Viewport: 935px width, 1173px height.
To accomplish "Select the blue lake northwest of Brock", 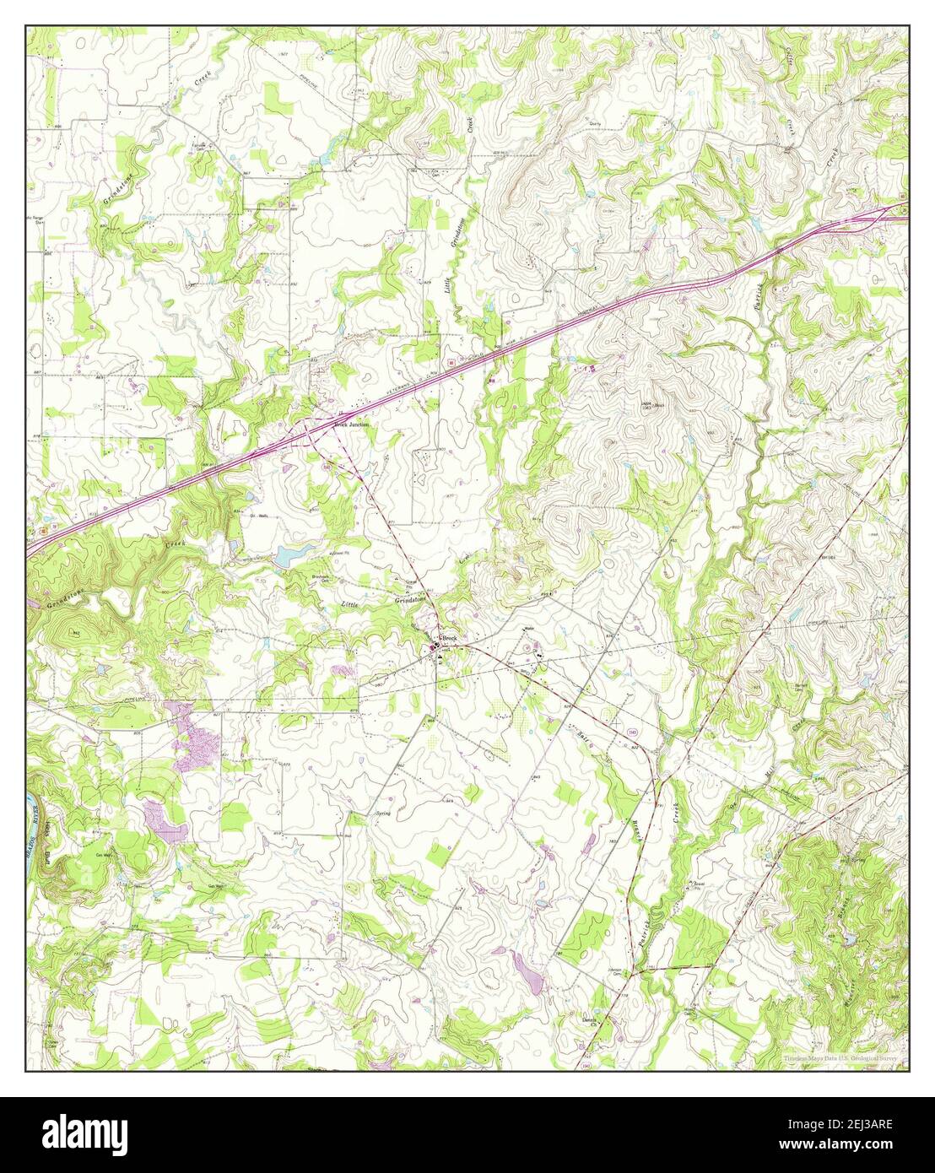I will (x=289, y=554).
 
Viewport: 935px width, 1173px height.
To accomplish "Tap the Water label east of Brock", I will (x=530, y=629).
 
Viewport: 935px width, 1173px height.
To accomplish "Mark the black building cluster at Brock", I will (x=436, y=647).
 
